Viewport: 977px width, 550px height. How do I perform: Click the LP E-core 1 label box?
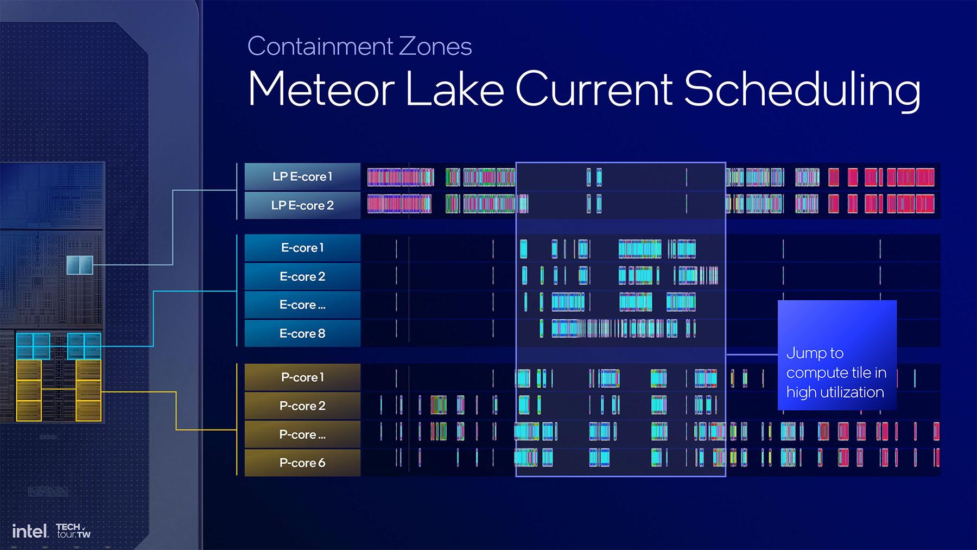[x=302, y=176]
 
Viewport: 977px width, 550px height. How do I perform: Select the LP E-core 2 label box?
[x=302, y=205]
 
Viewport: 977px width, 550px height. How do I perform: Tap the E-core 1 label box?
[x=302, y=248]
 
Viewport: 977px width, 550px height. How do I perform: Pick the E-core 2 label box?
[x=302, y=276]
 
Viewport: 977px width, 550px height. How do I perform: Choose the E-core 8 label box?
[x=302, y=333]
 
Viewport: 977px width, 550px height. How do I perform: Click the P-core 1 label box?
[x=302, y=377]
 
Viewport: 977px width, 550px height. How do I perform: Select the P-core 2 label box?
[x=302, y=406]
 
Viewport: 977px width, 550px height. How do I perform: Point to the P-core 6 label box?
[x=302, y=463]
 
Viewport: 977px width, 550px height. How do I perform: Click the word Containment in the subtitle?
[x=321, y=46]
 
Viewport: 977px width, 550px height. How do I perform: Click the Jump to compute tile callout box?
[x=837, y=355]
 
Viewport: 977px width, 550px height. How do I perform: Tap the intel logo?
[x=30, y=530]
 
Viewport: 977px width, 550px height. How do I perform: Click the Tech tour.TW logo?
[x=73, y=530]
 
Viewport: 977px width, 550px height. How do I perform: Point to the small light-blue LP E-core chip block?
[x=80, y=265]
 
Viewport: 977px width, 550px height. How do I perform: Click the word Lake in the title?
[x=455, y=88]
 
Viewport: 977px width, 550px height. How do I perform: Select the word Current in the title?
[x=594, y=89]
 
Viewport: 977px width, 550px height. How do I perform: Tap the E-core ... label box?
[x=302, y=305]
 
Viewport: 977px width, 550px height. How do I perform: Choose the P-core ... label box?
[x=302, y=434]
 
